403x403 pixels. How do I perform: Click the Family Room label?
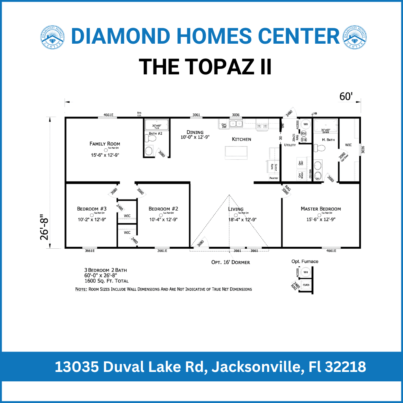(x=105, y=144)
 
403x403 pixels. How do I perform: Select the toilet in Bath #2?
(x=149, y=150)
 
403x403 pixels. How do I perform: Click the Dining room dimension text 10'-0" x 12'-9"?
(x=195, y=138)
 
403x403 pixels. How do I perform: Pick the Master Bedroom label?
(x=321, y=209)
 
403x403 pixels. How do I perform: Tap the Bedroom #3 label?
(x=92, y=209)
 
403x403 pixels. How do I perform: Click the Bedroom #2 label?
(x=163, y=209)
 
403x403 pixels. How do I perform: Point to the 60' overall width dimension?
(x=346, y=97)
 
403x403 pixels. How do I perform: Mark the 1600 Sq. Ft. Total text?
(x=106, y=281)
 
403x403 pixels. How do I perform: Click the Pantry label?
(x=274, y=178)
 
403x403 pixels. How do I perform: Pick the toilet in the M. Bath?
(x=321, y=148)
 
